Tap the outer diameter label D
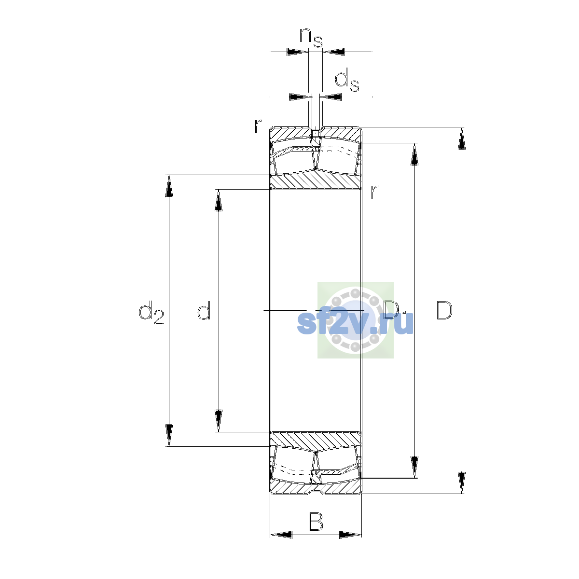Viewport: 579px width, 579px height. click(x=444, y=310)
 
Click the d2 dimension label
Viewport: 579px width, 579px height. click(x=151, y=313)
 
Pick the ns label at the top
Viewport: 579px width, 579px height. click(x=311, y=38)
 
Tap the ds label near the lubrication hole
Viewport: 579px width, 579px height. click(x=347, y=80)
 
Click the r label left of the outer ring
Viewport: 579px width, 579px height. click(x=258, y=126)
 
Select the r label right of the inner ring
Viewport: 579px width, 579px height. click(x=374, y=192)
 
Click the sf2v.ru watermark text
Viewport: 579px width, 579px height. click(x=355, y=322)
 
